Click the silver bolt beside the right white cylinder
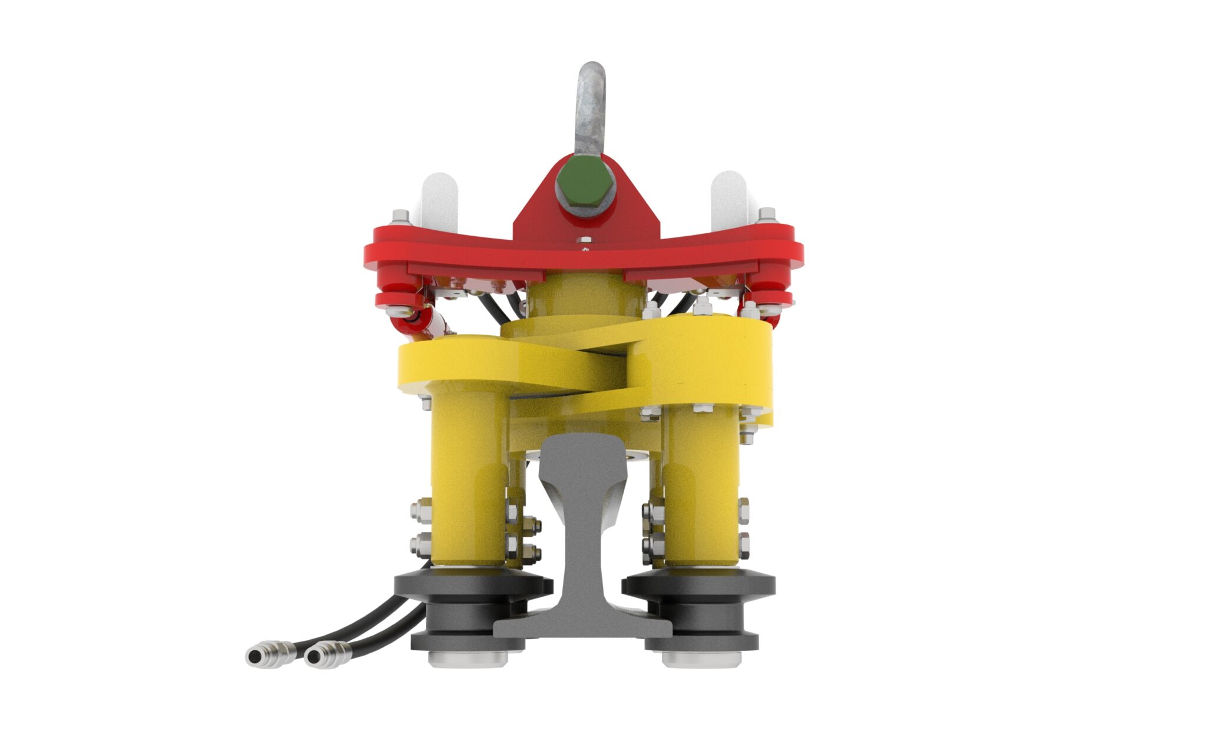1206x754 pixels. (767, 216)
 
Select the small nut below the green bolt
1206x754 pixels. (585, 240)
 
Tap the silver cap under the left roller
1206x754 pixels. (468, 659)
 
